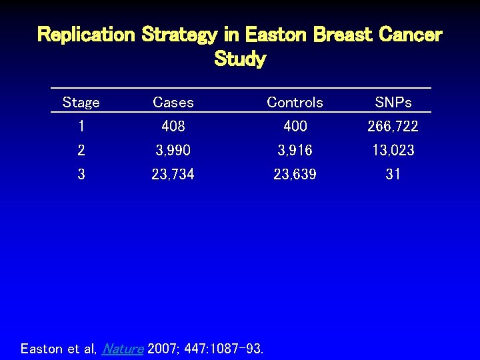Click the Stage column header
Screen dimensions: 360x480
pos(81,103)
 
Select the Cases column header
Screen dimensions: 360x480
pos(173,103)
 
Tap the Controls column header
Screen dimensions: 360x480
pos(295,103)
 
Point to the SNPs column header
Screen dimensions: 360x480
pos(393,103)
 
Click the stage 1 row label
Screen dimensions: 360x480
pos(81,126)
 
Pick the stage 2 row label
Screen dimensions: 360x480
pos(81,150)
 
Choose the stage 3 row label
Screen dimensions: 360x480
pos(81,174)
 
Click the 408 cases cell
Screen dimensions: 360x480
pos(173,126)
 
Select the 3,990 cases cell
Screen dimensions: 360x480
pos(173,150)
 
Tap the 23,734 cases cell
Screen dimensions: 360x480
pos(173,174)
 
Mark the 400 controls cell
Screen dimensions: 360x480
pos(295,126)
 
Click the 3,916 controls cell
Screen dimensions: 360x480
pos(295,150)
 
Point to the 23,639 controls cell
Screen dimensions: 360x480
pos(295,174)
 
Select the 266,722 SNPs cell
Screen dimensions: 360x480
pos(393,126)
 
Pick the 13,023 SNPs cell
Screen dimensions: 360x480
pos(393,150)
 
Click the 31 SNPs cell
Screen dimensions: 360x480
pos(393,174)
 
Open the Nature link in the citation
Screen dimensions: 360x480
pos(123,349)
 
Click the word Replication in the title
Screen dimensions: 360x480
pos(86,35)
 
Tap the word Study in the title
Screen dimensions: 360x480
pos(240,59)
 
